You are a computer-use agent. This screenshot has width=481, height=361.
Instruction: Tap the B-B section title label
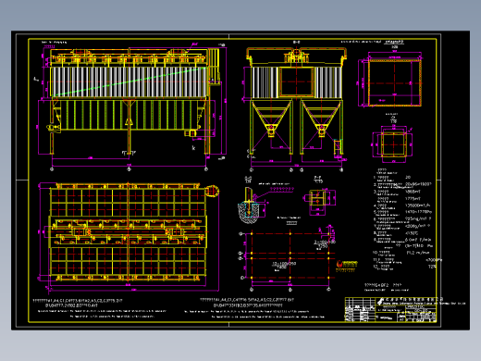pyautogui.click(x=296, y=43)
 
